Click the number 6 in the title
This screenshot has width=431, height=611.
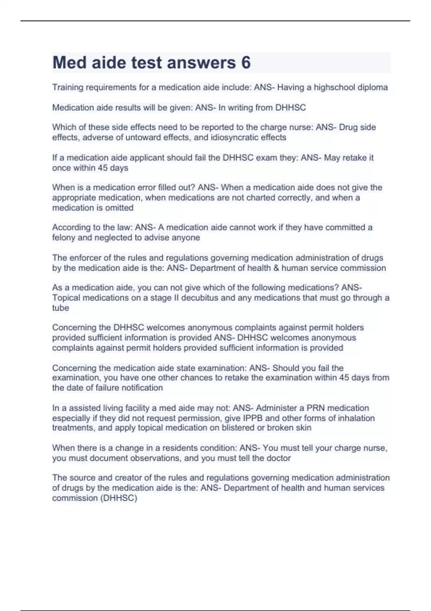pos(246,63)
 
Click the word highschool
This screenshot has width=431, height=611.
pos(334,87)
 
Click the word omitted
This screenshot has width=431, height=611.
pos(119,208)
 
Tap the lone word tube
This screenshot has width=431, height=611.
pos(60,308)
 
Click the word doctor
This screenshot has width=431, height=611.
pos(279,458)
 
